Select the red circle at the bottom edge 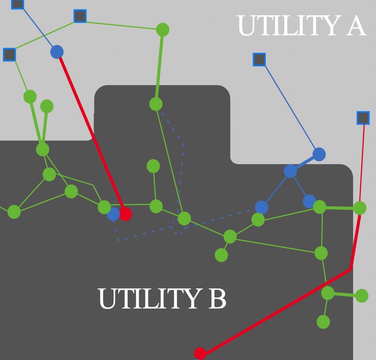click(x=200, y=353)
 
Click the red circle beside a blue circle click(x=125, y=214)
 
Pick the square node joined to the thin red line click(x=363, y=118)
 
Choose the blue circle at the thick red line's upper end click(x=57, y=52)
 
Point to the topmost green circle click(x=162, y=30)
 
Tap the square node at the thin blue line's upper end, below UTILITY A click(x=259, y=60)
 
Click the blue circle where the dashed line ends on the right click(x=262, y=208)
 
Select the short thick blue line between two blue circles click(x=305, y=163)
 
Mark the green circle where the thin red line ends click(x=359, y=208)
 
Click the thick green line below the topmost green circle click(x=159, y=67)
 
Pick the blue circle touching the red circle click(x=113, y=214)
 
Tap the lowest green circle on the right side click(x=323, y=322)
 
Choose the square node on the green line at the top click(x=80, y=16)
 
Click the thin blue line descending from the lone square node click(x=288, y=106)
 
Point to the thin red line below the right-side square click(x=362, y=162)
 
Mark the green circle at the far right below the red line click(x=362, y=296)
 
